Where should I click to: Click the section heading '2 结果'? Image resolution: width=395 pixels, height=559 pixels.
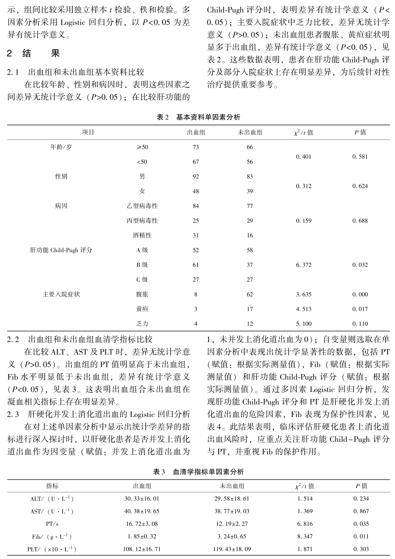click(34, 54)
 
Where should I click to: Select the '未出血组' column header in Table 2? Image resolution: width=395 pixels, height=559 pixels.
click(250, 132)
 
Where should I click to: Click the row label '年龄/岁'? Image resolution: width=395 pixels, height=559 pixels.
click(61, 147)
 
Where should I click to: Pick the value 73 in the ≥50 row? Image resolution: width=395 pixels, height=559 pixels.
click(196, 147)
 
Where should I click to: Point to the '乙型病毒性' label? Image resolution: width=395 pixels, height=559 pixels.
click(142, 206)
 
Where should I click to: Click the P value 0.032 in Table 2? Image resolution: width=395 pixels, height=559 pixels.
click(360, 265)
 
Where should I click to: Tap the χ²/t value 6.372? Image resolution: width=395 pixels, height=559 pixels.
click(304, 265)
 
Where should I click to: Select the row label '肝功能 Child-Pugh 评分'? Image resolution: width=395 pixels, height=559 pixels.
click(61, 250)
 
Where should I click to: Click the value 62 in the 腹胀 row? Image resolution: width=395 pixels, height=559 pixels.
click(250, 294)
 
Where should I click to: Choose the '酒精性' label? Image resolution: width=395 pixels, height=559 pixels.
click(142, 236)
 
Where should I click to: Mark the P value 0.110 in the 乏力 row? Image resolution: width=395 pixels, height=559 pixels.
click(360, 324)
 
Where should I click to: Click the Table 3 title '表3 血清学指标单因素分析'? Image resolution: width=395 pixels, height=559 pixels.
click(199, 472)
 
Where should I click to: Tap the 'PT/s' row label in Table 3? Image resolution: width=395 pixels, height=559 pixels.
click(52, 524)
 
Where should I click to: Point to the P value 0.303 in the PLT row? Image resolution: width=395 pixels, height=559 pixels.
click(361, 549)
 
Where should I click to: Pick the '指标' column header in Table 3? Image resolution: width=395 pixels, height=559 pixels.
click(52, 486)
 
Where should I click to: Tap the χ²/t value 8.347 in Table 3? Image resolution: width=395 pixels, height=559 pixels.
click(305, 536)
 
